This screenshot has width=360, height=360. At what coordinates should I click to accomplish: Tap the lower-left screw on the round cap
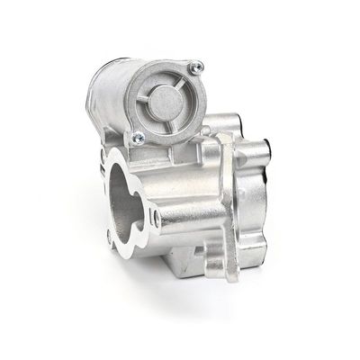tap(139, 138)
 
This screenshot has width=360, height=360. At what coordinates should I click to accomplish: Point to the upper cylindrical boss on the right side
tap(232, 126)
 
